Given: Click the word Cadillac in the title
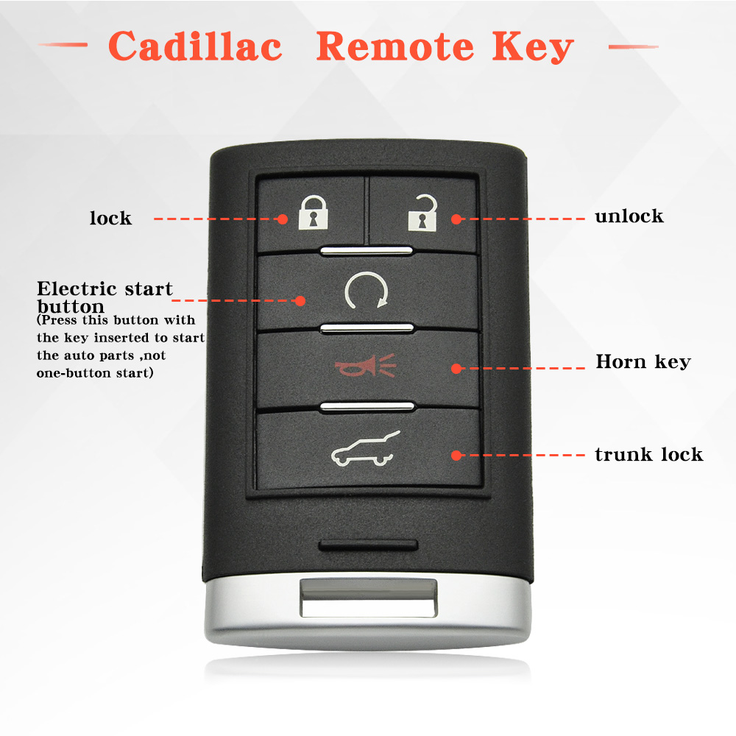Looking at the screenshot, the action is coord(195,46).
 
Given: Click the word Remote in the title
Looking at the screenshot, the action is coord(395,46).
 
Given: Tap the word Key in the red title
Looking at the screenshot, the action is coord(533,47).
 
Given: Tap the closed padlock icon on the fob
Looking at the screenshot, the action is coord(313,213).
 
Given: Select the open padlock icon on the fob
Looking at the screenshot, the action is coord(422,213).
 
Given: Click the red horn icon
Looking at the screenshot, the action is coord(366,366).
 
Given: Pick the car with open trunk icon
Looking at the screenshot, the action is coord(366,449).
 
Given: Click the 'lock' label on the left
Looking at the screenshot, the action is coord(111,218).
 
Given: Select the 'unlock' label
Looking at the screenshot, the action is coord(629,216).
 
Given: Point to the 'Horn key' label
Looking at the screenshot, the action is coord(643,362).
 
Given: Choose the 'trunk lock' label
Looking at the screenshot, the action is coord(648,454).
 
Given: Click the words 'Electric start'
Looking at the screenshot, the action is coord(105,289).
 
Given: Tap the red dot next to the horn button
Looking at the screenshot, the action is coord(456,369).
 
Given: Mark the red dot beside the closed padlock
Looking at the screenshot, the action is coord(282,219).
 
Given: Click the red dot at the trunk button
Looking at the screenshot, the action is coord(456,456).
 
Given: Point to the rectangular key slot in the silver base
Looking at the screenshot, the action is coord(369,598).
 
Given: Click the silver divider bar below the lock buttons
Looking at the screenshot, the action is coord(367,251).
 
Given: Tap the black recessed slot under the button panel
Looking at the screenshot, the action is coord(369,545).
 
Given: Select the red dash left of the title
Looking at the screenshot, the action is coord(63,45).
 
